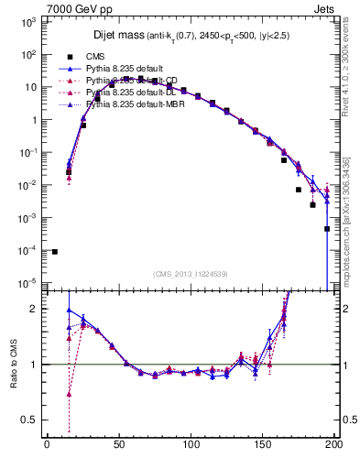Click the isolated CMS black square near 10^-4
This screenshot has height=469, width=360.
click(x=54, y=251)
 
